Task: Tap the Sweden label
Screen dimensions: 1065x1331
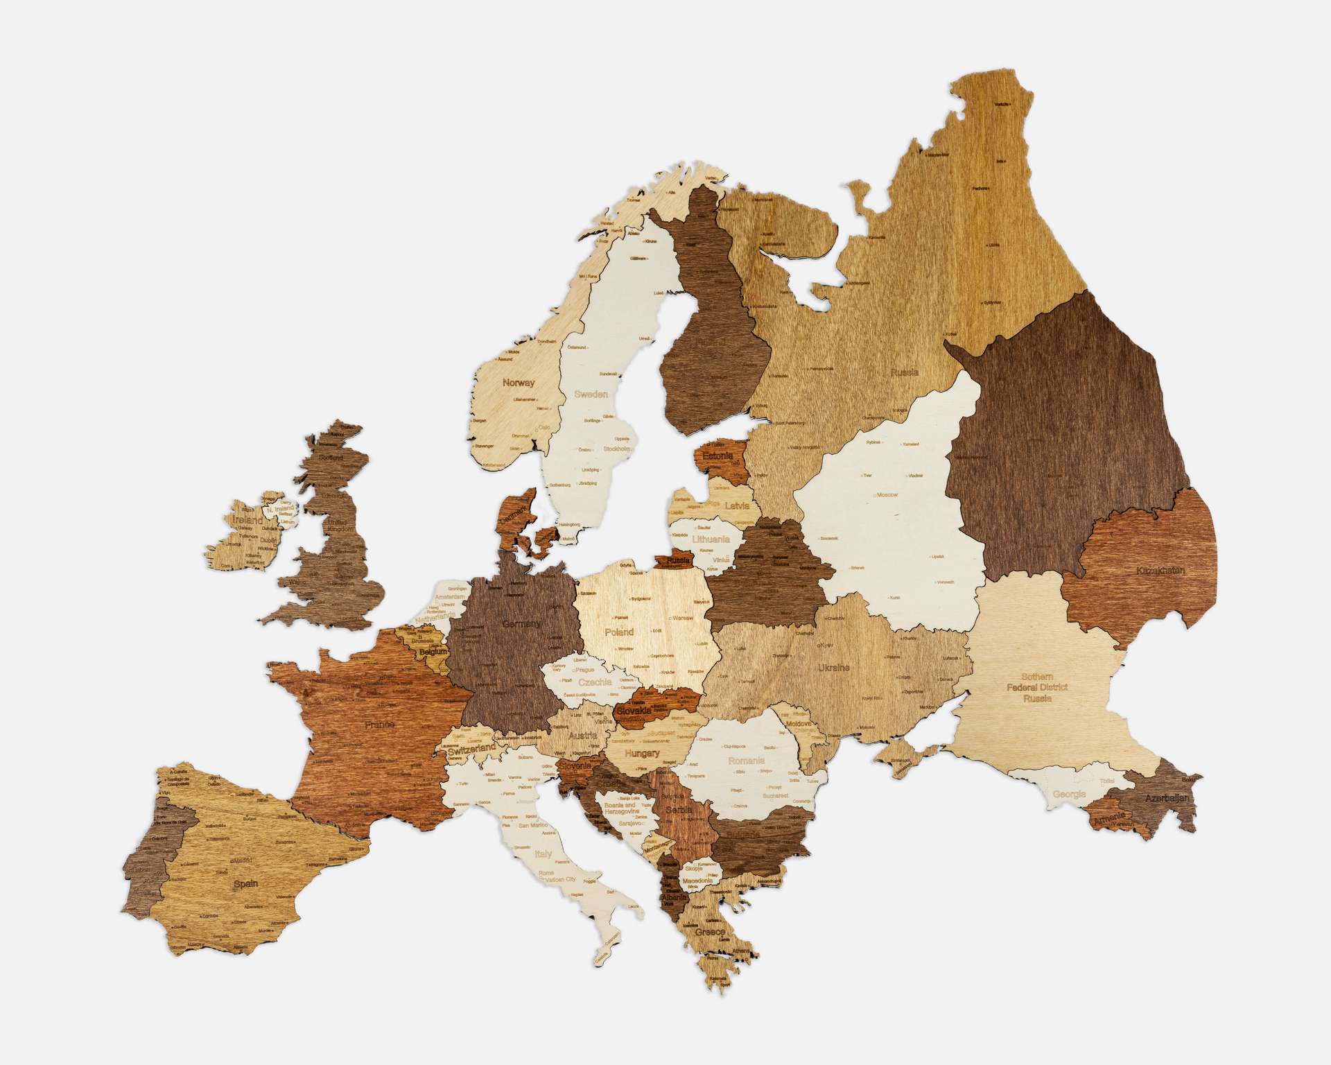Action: pyautogui.click(x=591, y=395)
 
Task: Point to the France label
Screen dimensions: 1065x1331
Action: pyautogui.click(x=379, y=725)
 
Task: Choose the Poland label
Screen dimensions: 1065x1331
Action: pyautogui.click(x=619, y=632)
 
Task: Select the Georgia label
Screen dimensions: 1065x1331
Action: pyautogui.click(x=1069, y=794)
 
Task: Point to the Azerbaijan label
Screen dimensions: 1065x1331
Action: pyautogui.click(x=1167, y=798)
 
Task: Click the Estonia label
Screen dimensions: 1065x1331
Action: pyautogui.click(x=717, y=456)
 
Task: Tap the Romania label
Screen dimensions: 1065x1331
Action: pyautogui.click(x=746, y=761)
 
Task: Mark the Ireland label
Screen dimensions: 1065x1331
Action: pyautogui.click(x=248, y=520)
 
